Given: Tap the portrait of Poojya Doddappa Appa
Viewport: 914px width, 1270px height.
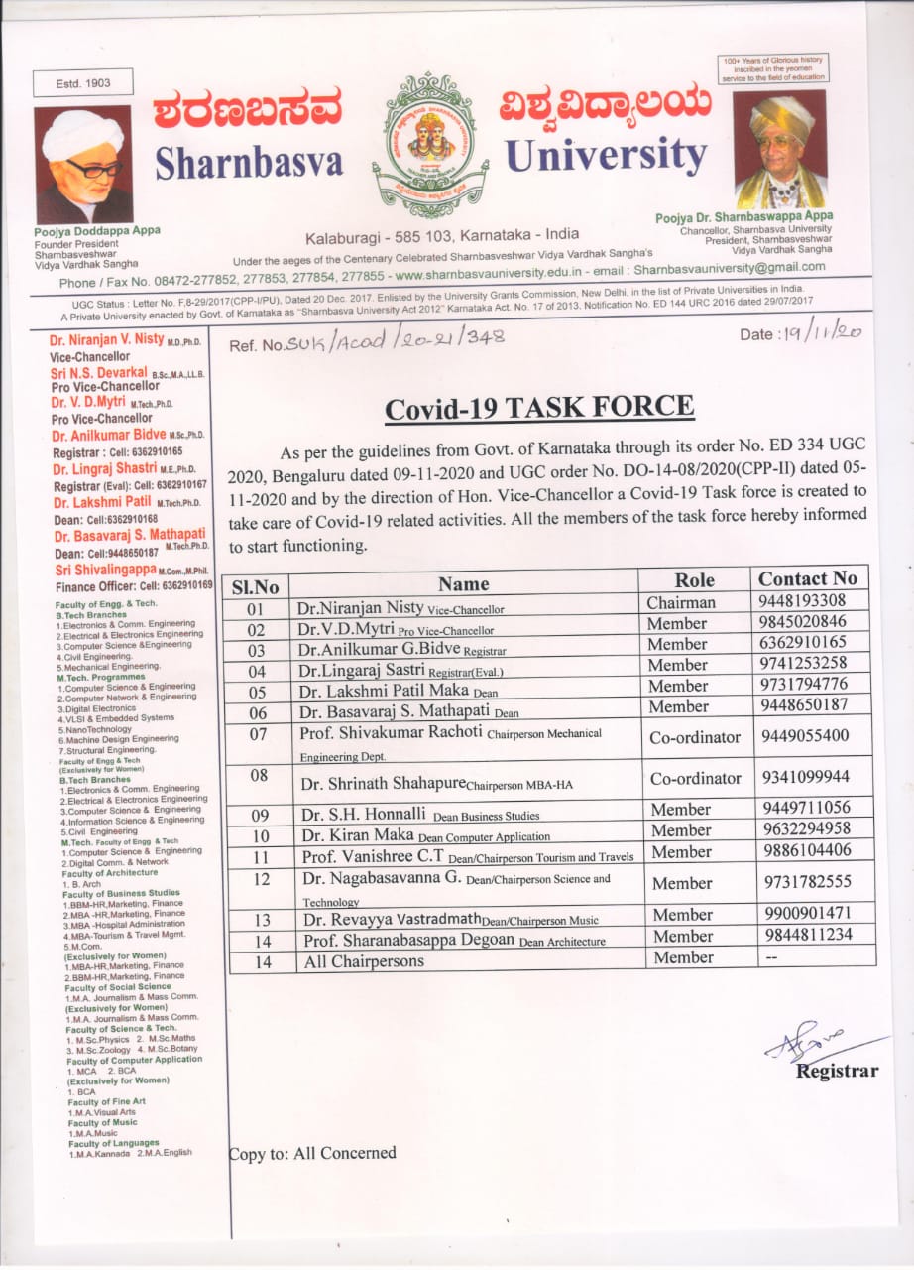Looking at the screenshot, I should coord(83,164).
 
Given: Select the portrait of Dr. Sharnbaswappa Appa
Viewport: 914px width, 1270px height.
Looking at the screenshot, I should coord(780,150).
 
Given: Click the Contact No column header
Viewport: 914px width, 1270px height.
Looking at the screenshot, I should coord(807,579).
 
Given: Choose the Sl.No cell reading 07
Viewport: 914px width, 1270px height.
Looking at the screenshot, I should coord(258,734).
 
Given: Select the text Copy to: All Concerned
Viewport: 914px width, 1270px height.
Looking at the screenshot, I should coord(312,1153).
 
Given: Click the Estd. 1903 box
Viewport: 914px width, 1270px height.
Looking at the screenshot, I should coord(83,83).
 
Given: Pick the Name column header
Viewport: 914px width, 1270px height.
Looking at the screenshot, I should coord(463,583).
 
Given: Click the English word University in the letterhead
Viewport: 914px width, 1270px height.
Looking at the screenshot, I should coord(605,157).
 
